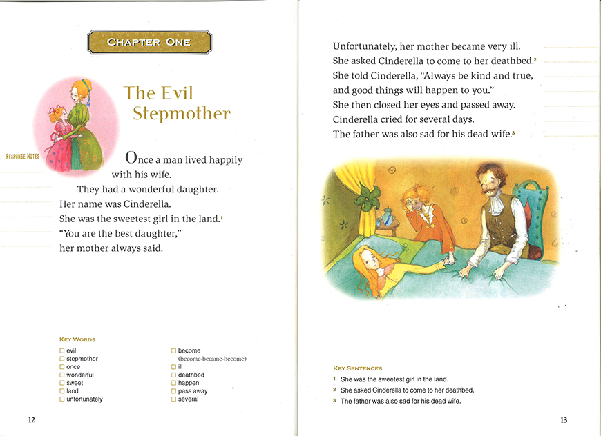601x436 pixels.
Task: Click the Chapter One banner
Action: click(x=149, y=42)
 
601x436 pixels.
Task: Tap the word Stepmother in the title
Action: click(x=182, y=114)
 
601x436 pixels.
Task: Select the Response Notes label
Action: click(x=23, y=157)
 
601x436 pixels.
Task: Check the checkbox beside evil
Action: click(x=62, y=351)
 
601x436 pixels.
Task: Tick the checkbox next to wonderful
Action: click(x=62, y=375)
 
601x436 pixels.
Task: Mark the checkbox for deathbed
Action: click(x=173, y=375)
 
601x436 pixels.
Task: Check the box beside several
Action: click(x=173, y=399)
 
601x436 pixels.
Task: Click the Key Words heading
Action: click(x=77, y=339)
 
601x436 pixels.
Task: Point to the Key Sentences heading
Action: click(x=357, y=368)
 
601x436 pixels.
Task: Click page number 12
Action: click(x=32, y=420)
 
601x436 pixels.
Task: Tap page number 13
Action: click(x=564, y=420)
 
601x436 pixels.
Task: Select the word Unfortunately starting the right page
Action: click(x=365, y=47)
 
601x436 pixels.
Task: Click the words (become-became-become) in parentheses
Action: click(x=212, y=359)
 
